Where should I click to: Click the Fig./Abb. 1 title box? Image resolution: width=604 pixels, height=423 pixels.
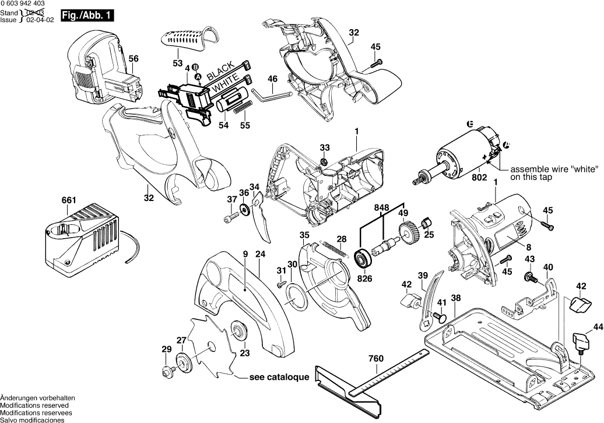pyautogui.click(x=87, y=15)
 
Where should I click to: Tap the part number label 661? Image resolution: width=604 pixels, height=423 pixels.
pyautogui.click(x=69, y=200)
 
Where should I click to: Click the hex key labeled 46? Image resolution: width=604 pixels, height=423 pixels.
pyautogui.click(x=272, y=95)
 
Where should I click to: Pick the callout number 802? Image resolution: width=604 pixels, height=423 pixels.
pyautogui.click(x=480, y=178)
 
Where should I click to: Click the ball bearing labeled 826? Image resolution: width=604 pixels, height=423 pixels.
pyautogui.click(x=363, y=258)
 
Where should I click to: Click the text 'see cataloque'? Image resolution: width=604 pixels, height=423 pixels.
pyautogui.click(x=279, y=377)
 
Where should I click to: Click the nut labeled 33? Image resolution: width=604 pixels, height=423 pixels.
pyautogui.click(x=325, y=160)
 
